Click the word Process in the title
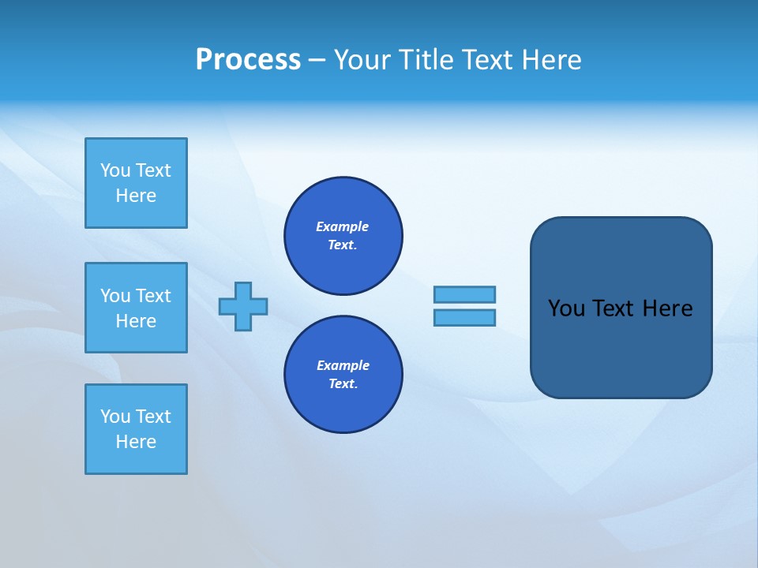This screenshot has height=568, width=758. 248,60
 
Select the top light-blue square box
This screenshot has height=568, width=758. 136,183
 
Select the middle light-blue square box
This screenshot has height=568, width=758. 136,308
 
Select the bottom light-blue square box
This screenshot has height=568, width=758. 136,429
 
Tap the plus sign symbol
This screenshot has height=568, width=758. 243,306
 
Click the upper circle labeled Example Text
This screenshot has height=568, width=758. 343,235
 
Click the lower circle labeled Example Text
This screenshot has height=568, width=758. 343,374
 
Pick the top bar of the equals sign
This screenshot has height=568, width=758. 464,294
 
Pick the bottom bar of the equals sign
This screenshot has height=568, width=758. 464,317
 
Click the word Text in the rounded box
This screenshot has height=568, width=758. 614,308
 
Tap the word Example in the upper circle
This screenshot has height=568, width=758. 342,226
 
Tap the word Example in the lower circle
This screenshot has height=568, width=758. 343,365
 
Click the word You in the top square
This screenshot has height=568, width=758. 115,170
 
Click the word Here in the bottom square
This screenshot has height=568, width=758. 136,442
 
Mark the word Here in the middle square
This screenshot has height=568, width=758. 136,321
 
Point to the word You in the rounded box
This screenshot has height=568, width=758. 566,308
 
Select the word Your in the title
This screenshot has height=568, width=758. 362,60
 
